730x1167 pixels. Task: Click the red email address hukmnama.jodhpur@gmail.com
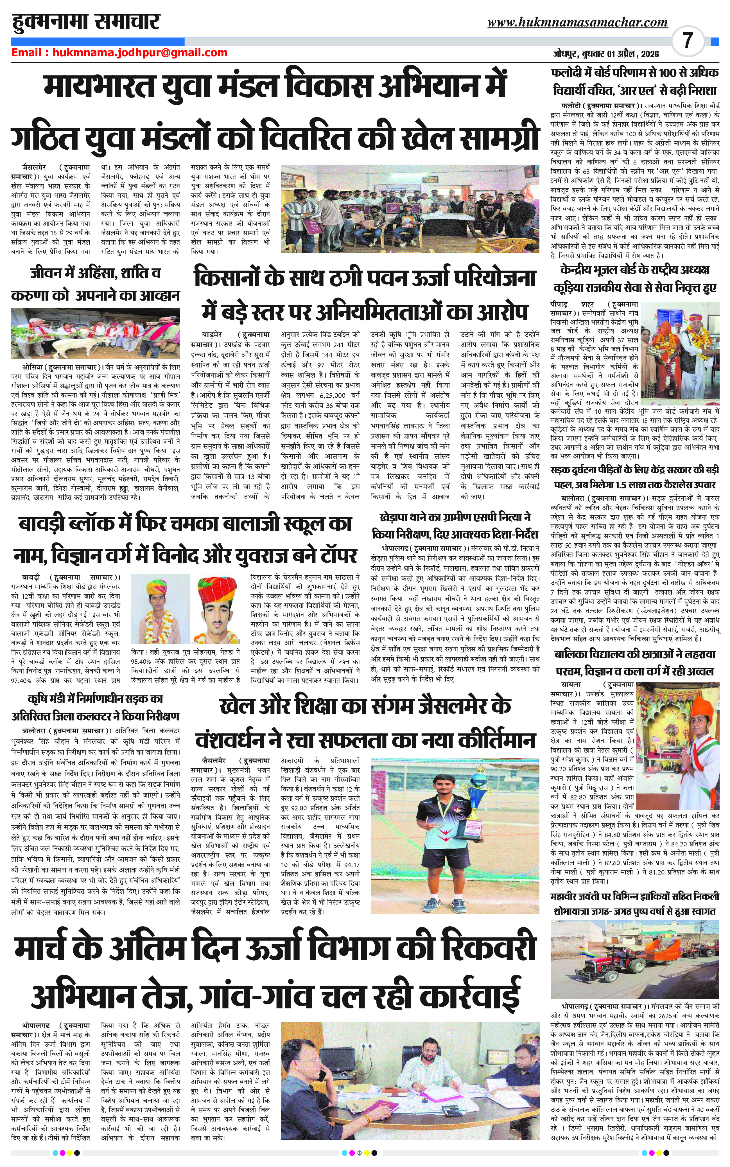pyautogui.click(x=140, y=53)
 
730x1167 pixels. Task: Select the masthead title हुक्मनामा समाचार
pyautogui.click(x=86, y=21)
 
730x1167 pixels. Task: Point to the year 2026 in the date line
pyautogui.click(x=648, y=54)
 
